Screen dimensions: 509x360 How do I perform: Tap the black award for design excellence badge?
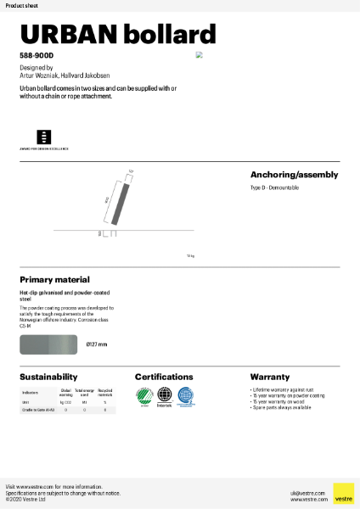pos(43,137)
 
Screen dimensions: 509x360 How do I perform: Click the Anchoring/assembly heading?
pos(294,175)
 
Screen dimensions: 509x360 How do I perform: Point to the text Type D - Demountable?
pos(274,187)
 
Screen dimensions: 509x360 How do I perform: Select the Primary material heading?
pos(54,279)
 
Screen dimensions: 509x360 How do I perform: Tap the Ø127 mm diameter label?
pos(97,344)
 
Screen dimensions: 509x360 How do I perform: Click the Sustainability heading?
pos(48,377)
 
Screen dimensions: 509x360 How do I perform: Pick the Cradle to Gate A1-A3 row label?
pos(34,410)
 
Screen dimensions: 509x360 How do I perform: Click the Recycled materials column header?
pos(105,393)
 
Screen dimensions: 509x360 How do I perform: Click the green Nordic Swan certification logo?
pos(144,395)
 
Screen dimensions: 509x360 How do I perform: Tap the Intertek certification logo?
pos(164,395)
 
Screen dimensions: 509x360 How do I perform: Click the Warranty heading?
pos(269,377)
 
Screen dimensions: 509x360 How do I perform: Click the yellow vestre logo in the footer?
pos(343,493)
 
